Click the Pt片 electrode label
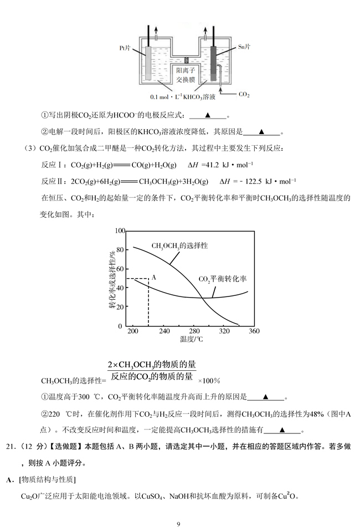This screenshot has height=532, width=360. click(125, 48)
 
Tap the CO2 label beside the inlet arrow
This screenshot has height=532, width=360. click(244, 95)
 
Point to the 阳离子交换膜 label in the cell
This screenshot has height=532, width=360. click(186, 75)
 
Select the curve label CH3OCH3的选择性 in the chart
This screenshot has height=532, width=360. click(180, 245)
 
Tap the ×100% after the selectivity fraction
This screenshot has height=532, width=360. click(209, 381)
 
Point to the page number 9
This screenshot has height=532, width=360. click(179, 524)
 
